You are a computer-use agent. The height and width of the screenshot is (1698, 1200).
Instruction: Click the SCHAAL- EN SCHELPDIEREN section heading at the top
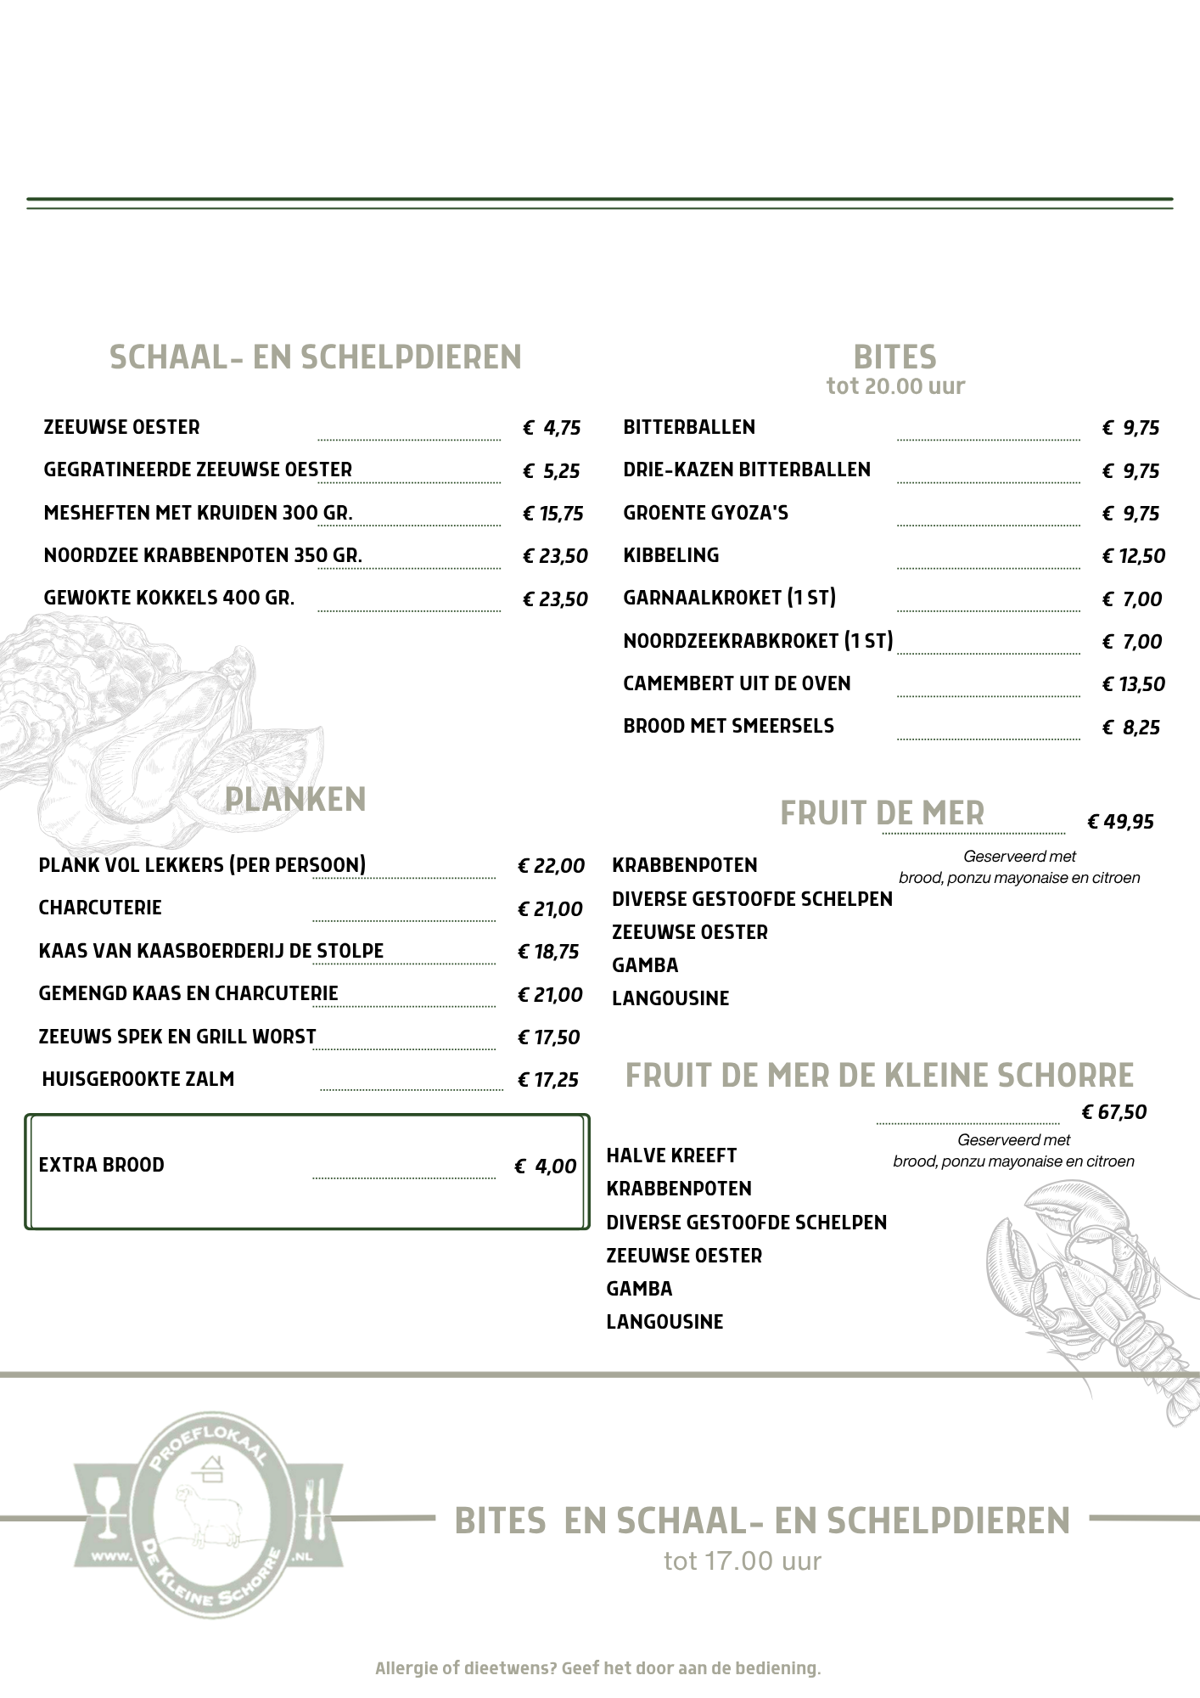pos(315,357)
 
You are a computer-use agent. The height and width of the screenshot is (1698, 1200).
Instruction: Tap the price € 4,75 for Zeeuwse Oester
pos(552,428)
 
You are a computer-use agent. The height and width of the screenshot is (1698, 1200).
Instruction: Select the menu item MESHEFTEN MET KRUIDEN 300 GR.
pos(198,513)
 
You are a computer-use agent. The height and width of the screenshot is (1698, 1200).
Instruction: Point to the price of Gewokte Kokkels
pos(555,599)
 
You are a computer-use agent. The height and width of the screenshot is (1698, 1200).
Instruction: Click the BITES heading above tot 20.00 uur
pos(894,357)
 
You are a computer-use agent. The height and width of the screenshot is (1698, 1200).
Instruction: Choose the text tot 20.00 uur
pos(895,386)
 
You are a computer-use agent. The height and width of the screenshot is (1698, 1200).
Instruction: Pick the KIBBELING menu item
pos(670,555)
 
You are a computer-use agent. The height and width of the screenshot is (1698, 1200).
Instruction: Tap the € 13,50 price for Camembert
pos(1133,684)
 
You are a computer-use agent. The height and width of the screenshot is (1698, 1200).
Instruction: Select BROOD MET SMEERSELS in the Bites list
pos(728,726)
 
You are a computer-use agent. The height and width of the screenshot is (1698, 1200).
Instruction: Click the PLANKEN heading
pos(295,800)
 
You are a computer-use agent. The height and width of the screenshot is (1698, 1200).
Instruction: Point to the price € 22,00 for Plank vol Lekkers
pos(551,866)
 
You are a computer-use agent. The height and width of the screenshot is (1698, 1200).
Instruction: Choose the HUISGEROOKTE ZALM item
pos(137,1079)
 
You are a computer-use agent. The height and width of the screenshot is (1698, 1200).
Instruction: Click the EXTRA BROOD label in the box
pos(101,1165)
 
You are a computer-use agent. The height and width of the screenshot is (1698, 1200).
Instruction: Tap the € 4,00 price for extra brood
pos(546,1167)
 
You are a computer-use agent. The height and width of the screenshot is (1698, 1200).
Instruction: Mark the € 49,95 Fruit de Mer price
pos(1120,822)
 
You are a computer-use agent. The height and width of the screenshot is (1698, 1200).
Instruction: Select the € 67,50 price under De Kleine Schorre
pos(1113,1112)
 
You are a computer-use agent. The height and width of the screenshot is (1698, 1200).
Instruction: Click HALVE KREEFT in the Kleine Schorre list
pos(671,1155)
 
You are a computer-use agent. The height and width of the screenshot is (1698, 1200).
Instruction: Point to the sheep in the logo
pos(204,1513)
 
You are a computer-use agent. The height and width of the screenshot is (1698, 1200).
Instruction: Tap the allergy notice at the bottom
pos(598,1668)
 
